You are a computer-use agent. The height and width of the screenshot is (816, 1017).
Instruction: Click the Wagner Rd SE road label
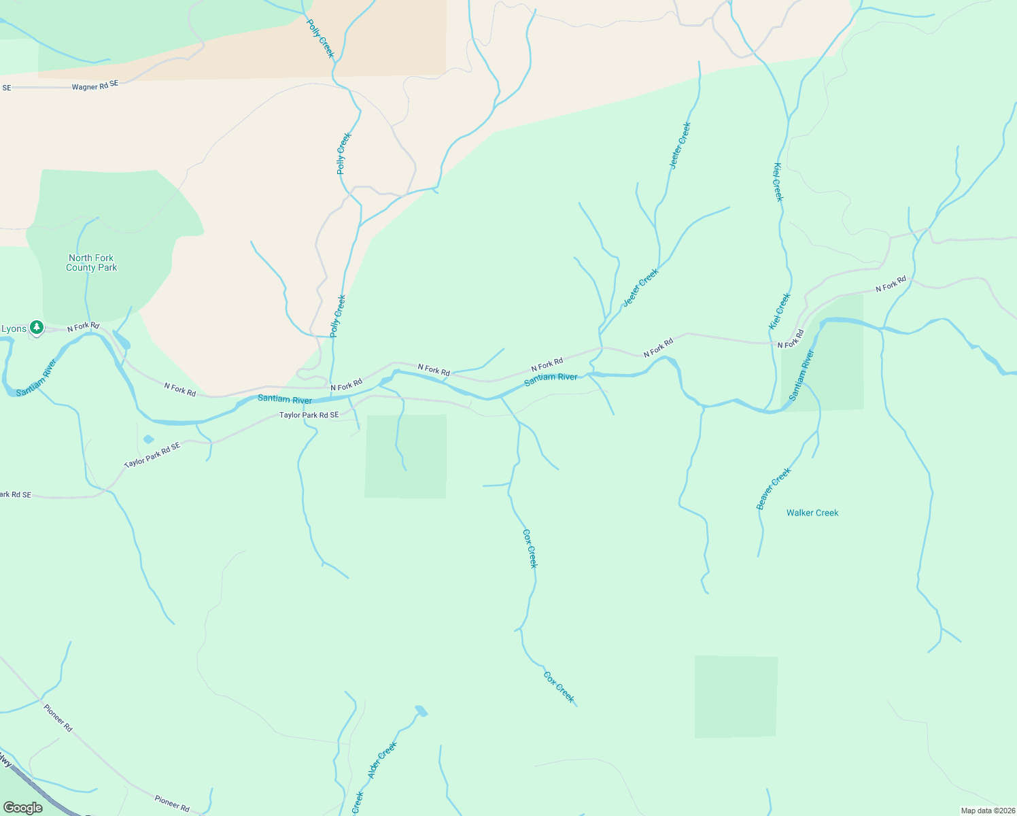coord(95,86)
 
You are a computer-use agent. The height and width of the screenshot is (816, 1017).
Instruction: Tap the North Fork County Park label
coord(91,262)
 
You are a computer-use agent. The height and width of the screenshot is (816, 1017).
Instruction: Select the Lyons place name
coord(14,329)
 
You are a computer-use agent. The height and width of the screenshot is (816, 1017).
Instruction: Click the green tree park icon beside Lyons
coord(37,328)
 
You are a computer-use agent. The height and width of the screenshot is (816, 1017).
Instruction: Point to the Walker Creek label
coord(812,513)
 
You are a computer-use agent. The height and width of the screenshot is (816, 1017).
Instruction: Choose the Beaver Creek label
coord(774,488)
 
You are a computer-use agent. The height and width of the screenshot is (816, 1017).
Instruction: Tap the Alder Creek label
coord(382,760)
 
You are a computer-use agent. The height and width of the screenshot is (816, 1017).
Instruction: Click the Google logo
coord(22,808)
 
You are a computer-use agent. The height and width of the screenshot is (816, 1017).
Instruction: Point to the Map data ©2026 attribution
coord(986,811)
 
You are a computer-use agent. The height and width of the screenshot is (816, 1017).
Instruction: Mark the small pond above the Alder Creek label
coord(421,711)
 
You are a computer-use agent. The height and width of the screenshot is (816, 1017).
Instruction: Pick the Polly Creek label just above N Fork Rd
coord(338,316)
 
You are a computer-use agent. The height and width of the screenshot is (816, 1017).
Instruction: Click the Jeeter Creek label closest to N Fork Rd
coord(640,288)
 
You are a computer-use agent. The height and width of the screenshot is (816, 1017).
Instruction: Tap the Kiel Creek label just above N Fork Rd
coord(780,311)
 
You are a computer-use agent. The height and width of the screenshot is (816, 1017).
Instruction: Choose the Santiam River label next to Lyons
coord(37,377)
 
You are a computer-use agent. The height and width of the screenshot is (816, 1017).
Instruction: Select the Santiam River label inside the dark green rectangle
coord(801,375)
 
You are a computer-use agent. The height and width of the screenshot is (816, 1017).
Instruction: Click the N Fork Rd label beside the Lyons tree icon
coord(83,327)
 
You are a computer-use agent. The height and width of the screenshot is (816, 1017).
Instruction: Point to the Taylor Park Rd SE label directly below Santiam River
coord(309,415)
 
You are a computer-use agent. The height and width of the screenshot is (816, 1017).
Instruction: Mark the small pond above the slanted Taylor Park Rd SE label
coord(148,439)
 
